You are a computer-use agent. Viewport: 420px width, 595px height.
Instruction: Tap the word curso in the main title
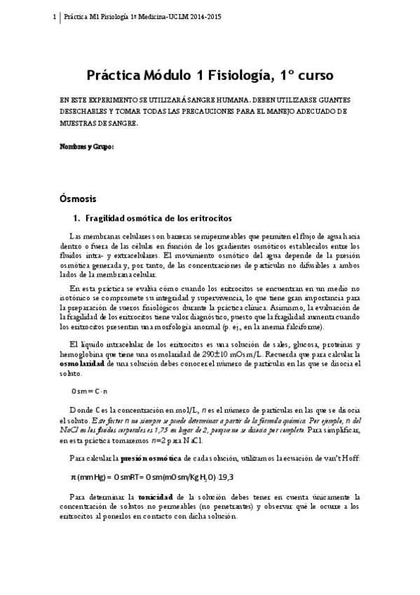(x=313, y=74)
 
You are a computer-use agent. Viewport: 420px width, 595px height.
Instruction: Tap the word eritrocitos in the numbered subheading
(x=201, y=218)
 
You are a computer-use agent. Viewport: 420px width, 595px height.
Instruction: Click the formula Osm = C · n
(x=88, y=390)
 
